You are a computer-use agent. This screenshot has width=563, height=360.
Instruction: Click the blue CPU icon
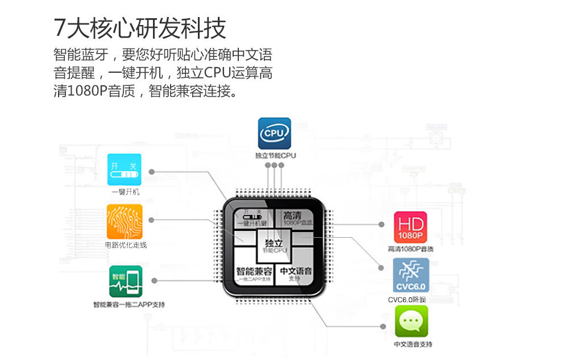click(275, 133)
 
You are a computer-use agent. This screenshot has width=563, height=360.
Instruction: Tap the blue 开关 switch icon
click(124, 168)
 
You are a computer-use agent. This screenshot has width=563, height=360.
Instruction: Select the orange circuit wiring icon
click(125, 221)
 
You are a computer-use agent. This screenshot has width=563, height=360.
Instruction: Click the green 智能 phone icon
click(126, 281)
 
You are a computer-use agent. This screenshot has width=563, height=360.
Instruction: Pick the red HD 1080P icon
click(411, 227)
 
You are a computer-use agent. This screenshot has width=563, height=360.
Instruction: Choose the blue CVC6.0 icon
click(411, 275)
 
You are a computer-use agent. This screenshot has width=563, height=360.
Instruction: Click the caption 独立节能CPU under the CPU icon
click(275, 155)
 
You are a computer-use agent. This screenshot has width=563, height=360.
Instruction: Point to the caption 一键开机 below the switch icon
click(125, 192)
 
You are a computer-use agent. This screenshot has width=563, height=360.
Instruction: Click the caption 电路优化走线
click(126, 245)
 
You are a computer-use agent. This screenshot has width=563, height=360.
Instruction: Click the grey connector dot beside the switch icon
click(151, 171)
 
